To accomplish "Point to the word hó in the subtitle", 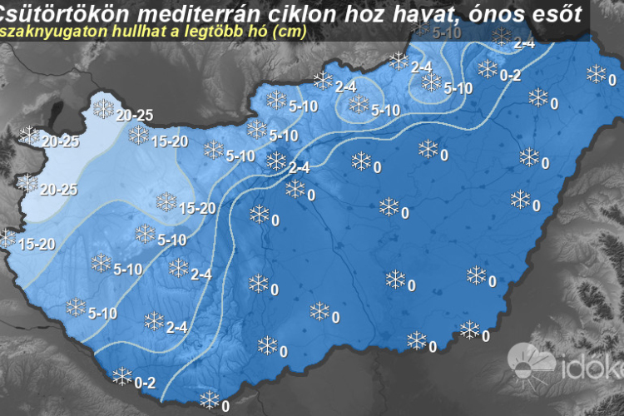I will click(247, 31).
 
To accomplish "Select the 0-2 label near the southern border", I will click(145, 383).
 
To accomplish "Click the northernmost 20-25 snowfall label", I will click(134, 115).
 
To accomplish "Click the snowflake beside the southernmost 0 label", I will click(209, 399).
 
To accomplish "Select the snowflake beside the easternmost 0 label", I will click(597, 73).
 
